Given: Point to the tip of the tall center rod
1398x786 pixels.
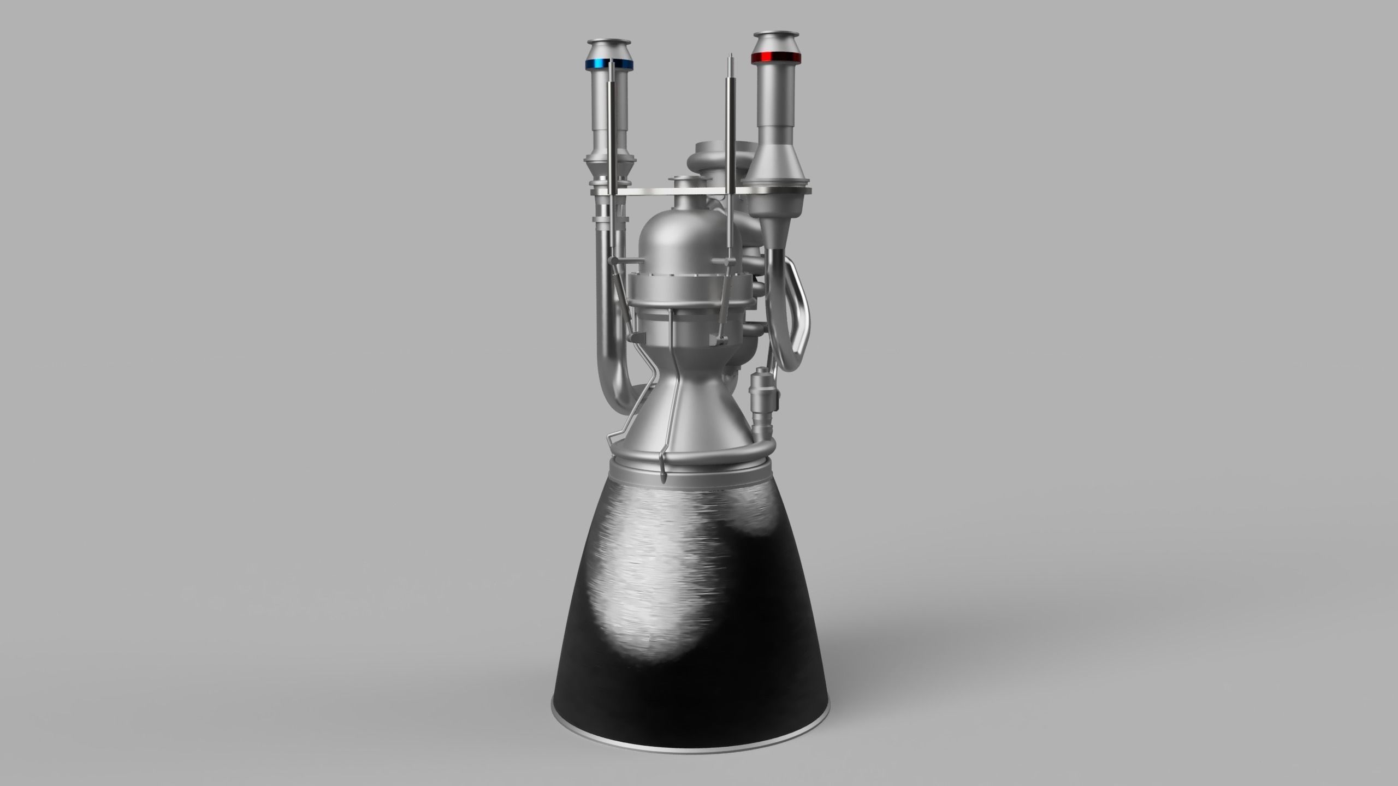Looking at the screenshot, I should (730, 57).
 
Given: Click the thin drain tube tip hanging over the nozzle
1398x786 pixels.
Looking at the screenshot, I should (664, 479).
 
